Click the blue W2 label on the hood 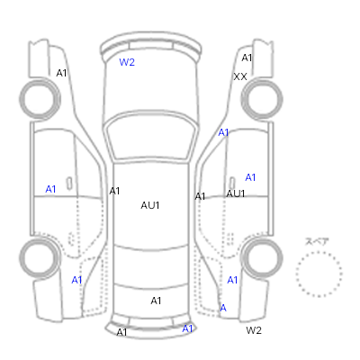coord(127,62)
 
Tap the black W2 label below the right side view coord(254,330)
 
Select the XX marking coord(240,76)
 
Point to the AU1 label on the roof coord(150,205)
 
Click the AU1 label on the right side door coord(236,193)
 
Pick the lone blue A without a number coord(223,308)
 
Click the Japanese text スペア coord(317,241)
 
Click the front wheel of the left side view coord(40,99)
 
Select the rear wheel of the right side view coord(262,258)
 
